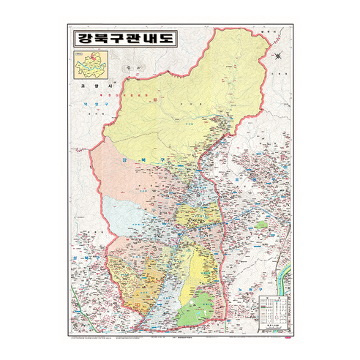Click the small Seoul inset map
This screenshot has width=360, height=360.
click(x=90, y=67)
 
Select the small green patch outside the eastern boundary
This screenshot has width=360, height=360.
click(x=261, y=224)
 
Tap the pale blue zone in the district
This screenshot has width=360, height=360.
click(x=124, y=212)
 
